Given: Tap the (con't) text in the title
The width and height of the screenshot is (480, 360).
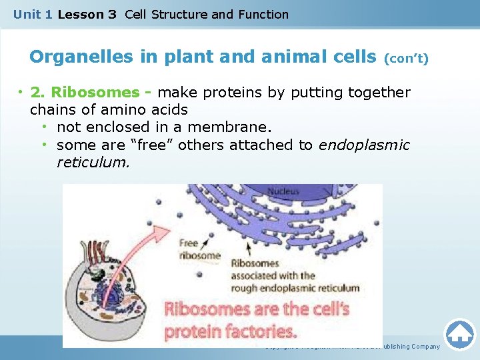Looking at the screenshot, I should (x=406, y=59).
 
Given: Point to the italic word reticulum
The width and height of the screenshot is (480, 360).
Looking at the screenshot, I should (x=93, y=162).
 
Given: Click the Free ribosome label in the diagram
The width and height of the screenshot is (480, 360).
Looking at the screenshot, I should (x=199, y=249).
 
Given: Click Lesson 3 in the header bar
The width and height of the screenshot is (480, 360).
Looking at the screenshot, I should (x=87, y=14).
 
